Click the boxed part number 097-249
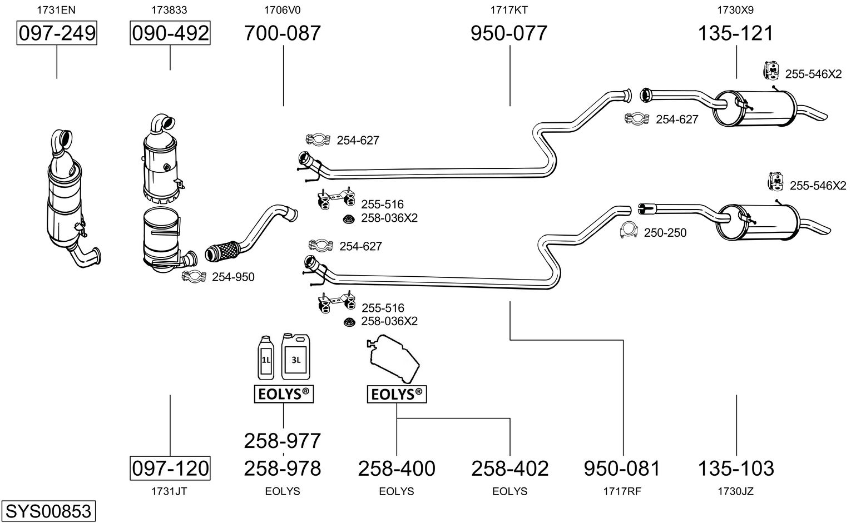57,33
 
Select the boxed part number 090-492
170,33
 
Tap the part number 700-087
283,33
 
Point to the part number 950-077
509,33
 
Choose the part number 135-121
736,33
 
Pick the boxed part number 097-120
170,468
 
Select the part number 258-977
283,441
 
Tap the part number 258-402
509,469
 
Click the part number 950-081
622,469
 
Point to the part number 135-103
736,469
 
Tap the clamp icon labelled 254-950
194,276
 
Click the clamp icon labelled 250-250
629,231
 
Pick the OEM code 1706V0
283,10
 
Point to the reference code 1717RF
622,491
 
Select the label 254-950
233,277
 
